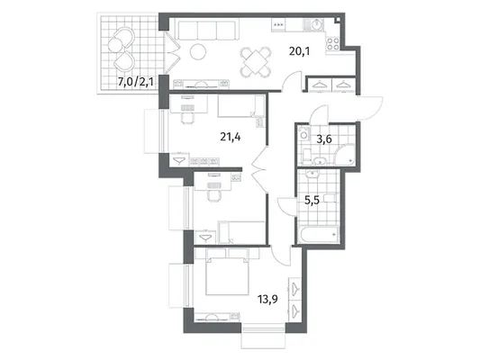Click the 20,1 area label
coord(299,51)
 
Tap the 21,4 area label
coord(231,137)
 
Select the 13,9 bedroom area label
coord(267,299)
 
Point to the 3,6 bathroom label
coord(324,139)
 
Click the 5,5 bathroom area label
coord(312,201)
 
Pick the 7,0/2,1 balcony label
coord(136,82)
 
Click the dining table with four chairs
coord(256,62)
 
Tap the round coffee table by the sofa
coord(198,52)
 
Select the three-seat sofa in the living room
coord(206,30)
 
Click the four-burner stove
coord(332,43)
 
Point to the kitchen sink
coord(313,25)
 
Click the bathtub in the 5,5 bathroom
coord(319,235)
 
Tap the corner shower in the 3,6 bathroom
coord(346,155)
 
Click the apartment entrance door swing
coord(370,108)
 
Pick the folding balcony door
coord(172,52)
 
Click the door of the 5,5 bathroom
coord(287,207)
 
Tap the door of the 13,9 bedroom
coord(282,256)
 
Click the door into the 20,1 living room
coord(292,81)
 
